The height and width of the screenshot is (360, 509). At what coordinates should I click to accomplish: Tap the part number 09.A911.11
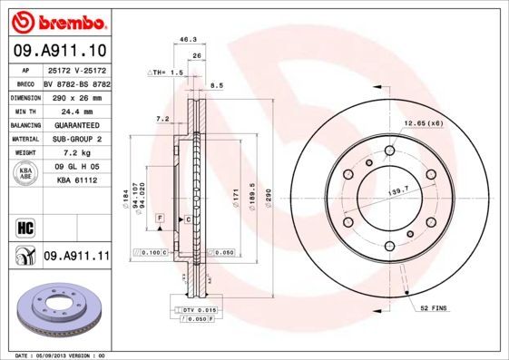(x=76, y=258)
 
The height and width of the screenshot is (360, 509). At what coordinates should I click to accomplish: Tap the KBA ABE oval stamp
(x=26, y=174)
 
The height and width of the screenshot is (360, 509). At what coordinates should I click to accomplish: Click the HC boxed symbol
(x=25, y=226)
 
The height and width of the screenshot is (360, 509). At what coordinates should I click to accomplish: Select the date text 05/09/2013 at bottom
(x=57, y=355)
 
